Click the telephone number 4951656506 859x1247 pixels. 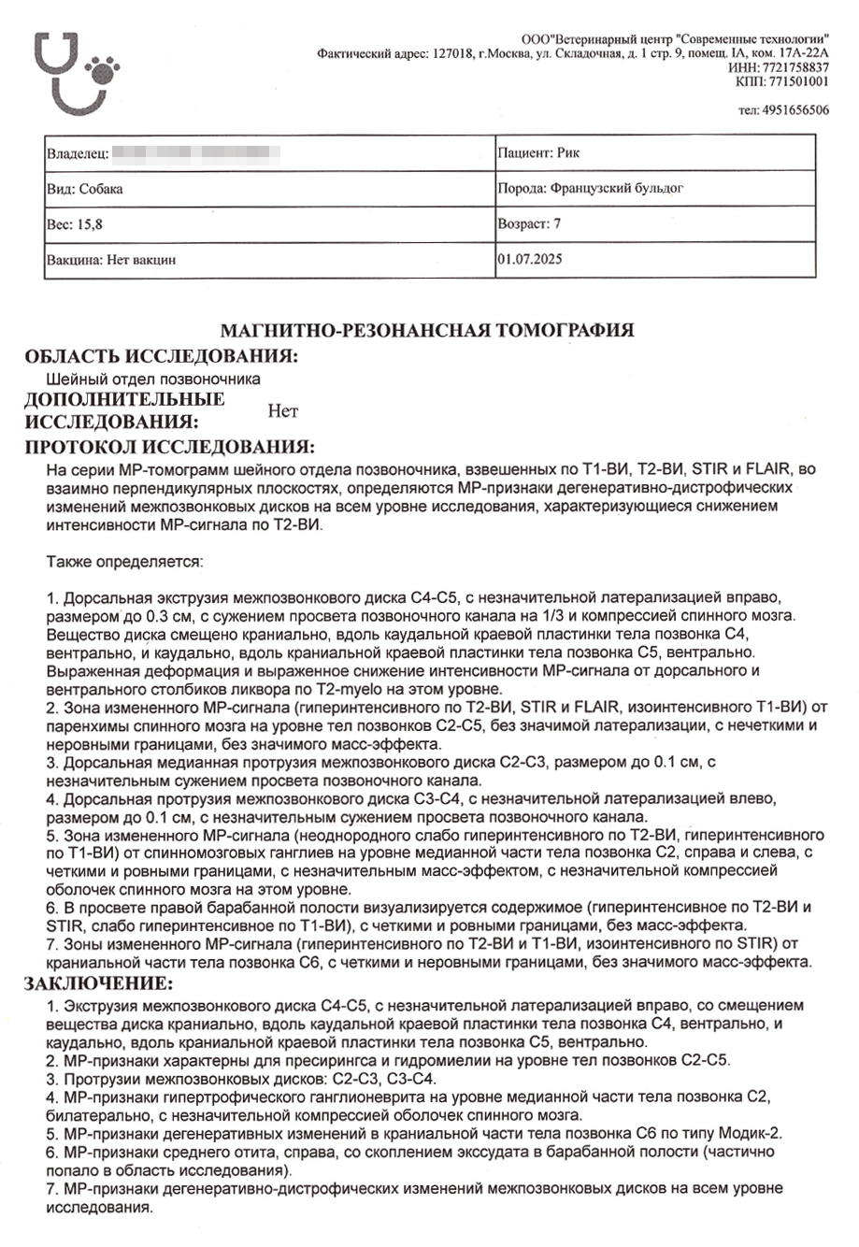click(795, 110)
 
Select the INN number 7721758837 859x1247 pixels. click(795, 67)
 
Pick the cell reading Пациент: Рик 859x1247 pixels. click(539, 152)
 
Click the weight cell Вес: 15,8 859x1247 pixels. click(74, 224)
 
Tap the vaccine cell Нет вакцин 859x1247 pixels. click(111, 260)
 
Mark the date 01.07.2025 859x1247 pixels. click(530, 259)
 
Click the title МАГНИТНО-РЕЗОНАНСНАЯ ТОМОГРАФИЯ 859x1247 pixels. click(427, 330)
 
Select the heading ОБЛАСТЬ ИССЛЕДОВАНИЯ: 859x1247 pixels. click(162, 356)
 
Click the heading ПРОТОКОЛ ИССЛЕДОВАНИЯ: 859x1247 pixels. click(170, 447)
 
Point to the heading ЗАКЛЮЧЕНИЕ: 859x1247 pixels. click(98, 983)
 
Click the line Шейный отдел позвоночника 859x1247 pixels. click(153, 380)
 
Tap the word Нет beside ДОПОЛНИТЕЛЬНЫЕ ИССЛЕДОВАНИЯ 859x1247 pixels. click(282, 410)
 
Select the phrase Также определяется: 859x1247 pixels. click(124, 563)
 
